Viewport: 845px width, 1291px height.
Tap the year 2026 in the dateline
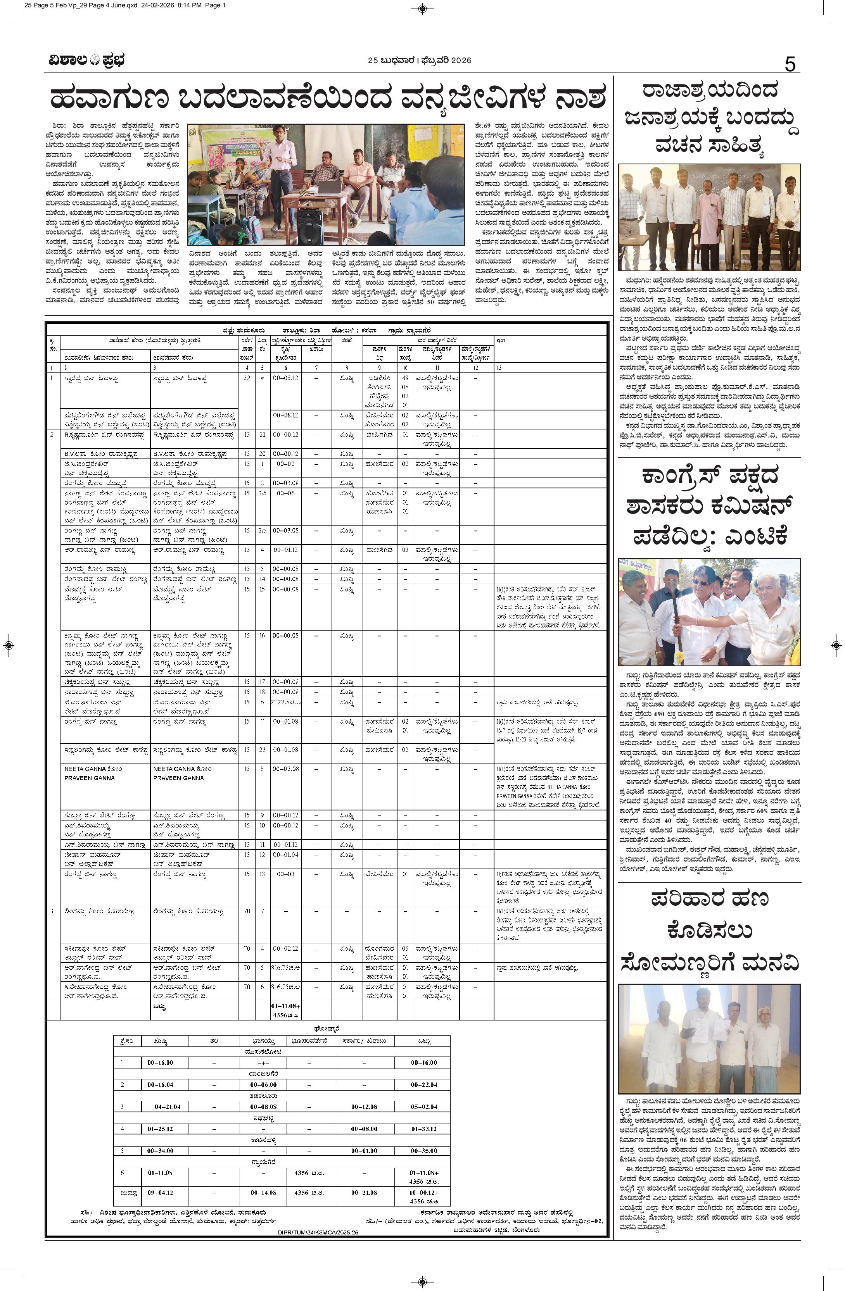pyautogui.click(x=460, y=60)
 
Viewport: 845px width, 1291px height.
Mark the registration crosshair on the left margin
pyautogui.click(x=9, y=646)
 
